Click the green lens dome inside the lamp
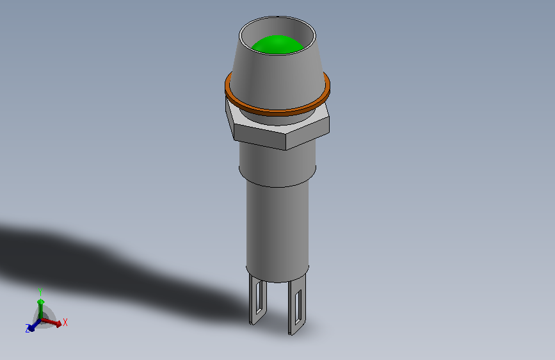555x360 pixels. coord(277,45)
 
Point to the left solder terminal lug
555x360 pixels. coord(257,301)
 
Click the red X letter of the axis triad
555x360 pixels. coord(65,323)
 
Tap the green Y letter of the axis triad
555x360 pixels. coord(40,290)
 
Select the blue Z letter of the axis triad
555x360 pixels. coord(28,329)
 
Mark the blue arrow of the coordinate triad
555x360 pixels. coord(34,325)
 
